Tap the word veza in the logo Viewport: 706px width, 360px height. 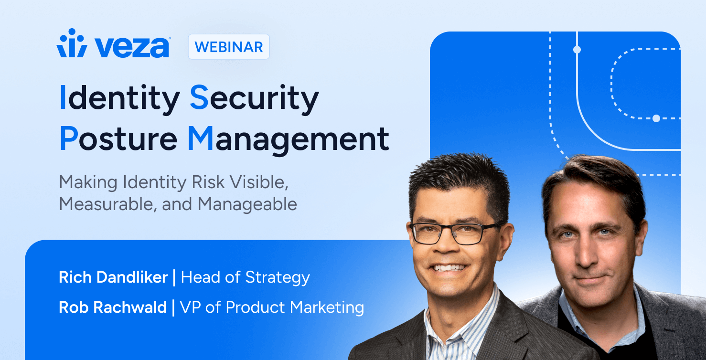(132, 47)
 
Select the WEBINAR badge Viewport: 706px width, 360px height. (229, 47)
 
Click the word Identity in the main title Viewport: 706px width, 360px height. (120, 98)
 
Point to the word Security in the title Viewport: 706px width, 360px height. (254, 98)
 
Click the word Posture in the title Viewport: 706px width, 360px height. (118, 139)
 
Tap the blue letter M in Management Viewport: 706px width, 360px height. (201, 138)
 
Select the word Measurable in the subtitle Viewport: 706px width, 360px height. (107, 204)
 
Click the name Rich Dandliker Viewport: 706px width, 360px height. (113, 277)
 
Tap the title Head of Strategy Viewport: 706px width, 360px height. (246, 278)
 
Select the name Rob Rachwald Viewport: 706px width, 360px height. (113, 307)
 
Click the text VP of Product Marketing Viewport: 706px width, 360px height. (272, 307)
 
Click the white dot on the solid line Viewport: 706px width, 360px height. (577, 50)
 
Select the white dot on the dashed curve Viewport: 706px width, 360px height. (656, 118)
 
